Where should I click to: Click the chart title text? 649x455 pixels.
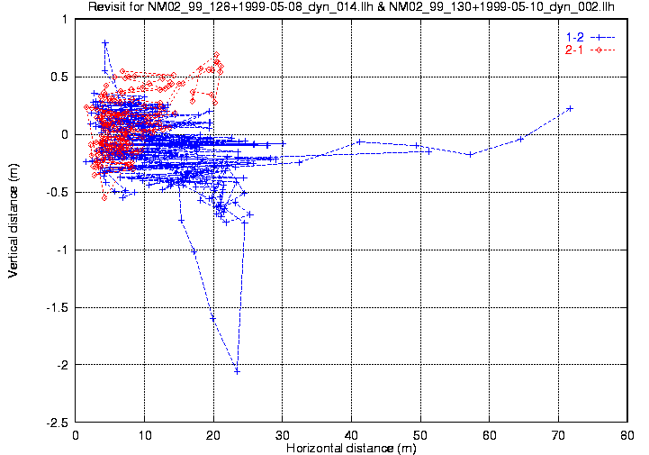tap(351, 8)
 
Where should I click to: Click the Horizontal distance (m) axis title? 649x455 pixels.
tap(351, 448)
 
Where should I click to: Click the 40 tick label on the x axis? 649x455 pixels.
tap(352, 435)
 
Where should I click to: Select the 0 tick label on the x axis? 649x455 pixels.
tap(77, 435)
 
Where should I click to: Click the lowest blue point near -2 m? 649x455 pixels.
tap(237, 370)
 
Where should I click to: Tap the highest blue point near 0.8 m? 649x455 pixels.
tap(105, 42)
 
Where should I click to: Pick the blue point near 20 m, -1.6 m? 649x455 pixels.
tap(213, 318)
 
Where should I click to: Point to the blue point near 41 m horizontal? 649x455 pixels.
tap(359, 141)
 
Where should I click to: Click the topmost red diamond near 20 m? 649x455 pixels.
tap(217, 55)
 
